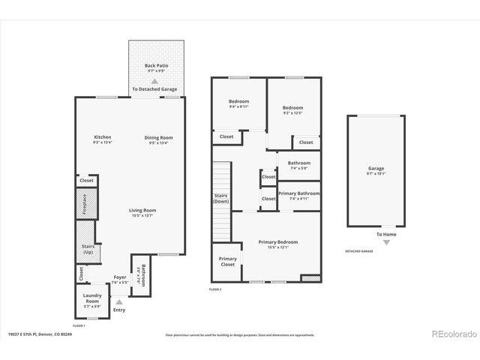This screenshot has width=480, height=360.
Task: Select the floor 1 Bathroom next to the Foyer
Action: pos(140,275)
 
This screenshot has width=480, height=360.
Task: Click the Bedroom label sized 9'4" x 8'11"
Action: pos(238,103)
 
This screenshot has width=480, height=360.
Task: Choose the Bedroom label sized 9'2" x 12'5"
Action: pos(292,109)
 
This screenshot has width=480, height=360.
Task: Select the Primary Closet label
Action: pos(227,262)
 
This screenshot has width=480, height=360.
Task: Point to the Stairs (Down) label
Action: pos(220,199)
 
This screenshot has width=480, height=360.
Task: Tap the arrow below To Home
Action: pos(386,242)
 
